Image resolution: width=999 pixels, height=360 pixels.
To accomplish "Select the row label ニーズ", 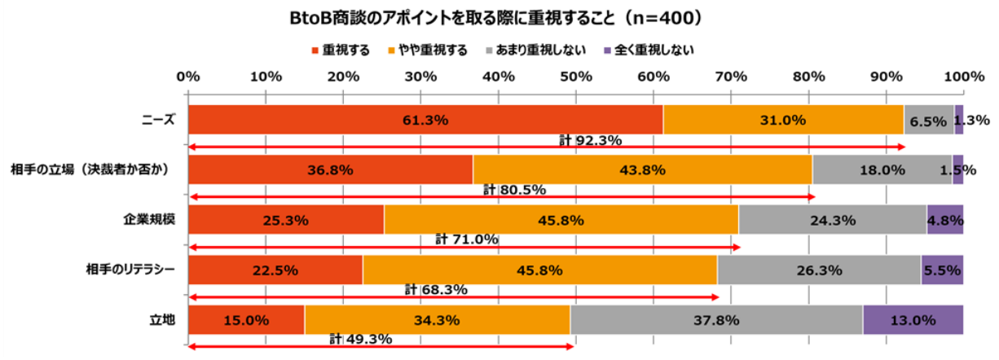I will [x=158, y=120].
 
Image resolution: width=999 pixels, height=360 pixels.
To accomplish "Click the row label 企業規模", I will [x=149, y=220].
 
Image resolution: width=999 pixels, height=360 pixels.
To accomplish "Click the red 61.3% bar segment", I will [x=425, y=120].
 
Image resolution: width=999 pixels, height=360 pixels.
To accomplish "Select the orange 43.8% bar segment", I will [x=642, y=169].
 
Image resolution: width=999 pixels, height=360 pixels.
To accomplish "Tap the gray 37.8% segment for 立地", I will [x=716, y=320].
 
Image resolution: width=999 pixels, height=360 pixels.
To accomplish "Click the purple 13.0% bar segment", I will [x=913, y=320].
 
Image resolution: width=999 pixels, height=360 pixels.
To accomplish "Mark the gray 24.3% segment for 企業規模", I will [x=832, y=220].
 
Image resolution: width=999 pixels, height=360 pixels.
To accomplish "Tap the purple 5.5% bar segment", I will [x=942, y=270].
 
